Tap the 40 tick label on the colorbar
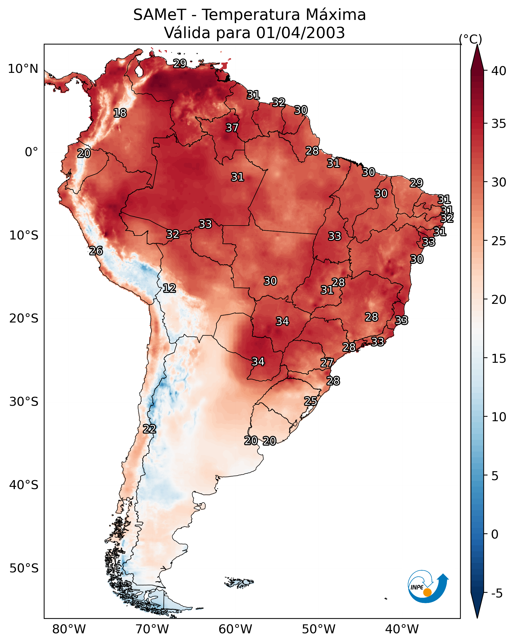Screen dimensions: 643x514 click(499, 71)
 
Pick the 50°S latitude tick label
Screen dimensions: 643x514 click(24, 568)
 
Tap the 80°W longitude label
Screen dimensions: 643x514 click(69, 629)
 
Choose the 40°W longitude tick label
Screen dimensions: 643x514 click(402, 629)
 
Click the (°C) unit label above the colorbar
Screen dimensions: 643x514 click(470, 39)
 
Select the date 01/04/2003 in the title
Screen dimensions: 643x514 click(300, 33)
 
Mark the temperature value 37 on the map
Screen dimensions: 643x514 click(232, 128)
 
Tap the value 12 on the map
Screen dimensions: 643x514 click(169, 288)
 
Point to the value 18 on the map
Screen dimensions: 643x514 click(120, 113)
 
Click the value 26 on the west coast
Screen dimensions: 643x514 click(96, 251)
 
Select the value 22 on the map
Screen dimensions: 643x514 click(149, 429)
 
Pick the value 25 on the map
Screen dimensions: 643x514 click(311, 401)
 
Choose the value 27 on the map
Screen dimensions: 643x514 click(327, 363)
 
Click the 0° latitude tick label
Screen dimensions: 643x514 click(31, 152)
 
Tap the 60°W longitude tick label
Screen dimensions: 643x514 click(235, 629)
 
